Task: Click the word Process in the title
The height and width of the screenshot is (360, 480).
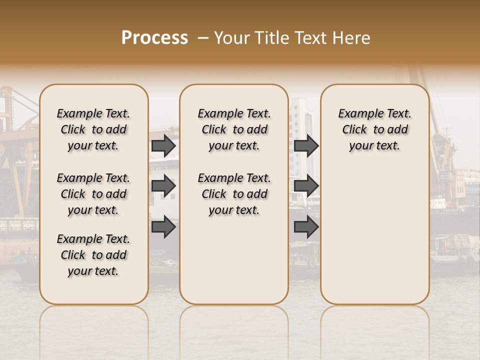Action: (x=154, y=38)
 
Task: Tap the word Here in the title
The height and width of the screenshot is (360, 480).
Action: (x=351, y=38)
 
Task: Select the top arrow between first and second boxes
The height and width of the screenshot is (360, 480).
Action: (x=163, y=146)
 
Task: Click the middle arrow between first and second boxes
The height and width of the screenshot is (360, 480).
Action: (x=163, y=186)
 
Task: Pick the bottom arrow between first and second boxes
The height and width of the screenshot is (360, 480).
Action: (x=163, y=227)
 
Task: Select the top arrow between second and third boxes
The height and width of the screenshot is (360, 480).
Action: (x=306, y=146)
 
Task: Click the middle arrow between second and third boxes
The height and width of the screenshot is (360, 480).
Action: (x=306, y=186)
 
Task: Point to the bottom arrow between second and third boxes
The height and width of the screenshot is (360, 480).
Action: (x=306, y=227)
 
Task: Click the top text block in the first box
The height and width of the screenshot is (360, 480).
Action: (x=93, y=129)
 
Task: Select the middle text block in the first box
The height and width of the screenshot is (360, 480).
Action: (x=93, y=194)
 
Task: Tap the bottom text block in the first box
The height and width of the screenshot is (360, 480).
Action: (x=93, y=255)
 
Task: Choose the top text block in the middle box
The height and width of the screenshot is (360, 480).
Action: (x=234, y=129)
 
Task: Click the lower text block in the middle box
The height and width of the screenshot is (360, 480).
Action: (x=234, y=194)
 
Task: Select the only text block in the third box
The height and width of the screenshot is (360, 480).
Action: (x=374, y=129)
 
